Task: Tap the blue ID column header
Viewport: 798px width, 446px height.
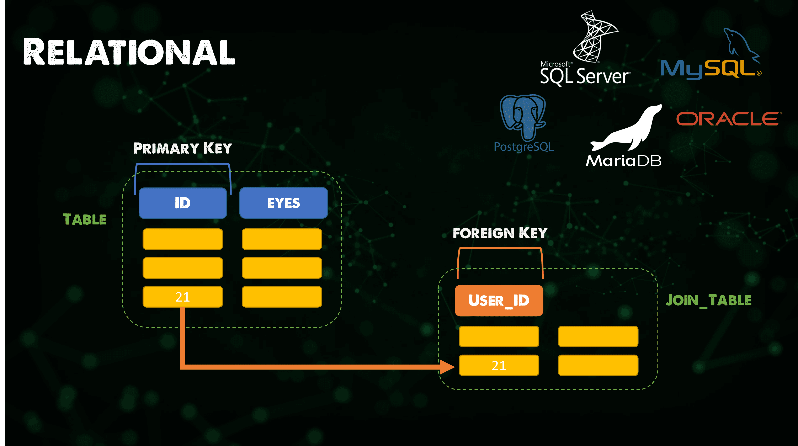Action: point(183,203)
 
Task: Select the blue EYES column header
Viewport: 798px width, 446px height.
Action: point(283,203)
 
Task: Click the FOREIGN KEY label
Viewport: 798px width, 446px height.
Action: point(500,233)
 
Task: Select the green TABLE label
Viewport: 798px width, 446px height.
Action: point(85,219)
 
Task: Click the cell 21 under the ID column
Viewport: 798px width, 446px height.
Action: point(183,297)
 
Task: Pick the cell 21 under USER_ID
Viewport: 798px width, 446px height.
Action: point(499,366)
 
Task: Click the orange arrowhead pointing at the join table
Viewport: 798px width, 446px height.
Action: point(447,367)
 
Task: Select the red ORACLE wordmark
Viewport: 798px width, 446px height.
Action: point(729,119)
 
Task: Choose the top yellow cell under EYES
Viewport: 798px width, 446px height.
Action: point(282,239)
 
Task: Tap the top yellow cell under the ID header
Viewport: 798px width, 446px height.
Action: point(183,239)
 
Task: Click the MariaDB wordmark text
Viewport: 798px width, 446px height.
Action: point(623,161)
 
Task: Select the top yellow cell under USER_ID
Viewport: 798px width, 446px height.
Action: point(499,336)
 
